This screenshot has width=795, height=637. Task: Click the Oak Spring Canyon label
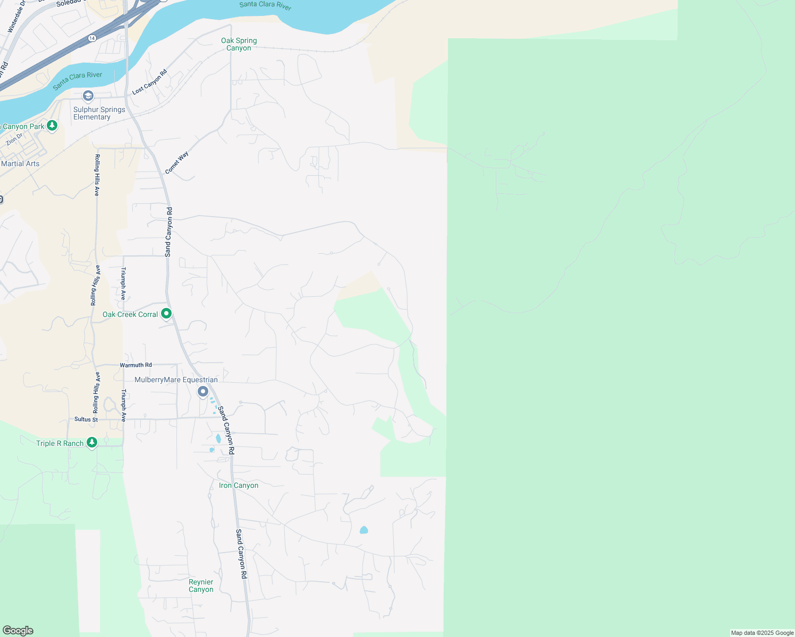[239, 44]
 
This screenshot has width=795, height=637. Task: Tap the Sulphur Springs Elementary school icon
[88, 96]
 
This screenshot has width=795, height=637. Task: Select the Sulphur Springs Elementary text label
[99, 113]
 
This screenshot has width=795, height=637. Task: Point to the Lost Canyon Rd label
[149, 82]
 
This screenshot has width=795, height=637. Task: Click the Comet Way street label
[176, 163]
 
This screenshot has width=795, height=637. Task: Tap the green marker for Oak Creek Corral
[166, 314]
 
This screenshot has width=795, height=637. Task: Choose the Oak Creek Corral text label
[130, 315]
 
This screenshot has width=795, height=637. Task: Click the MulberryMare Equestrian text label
[176, 380]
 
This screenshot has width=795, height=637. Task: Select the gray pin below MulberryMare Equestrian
[203, 392]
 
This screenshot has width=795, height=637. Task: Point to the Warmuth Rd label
[136, 365]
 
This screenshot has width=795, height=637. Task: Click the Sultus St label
[86, 419]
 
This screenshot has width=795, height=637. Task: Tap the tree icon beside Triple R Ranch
[92, 442]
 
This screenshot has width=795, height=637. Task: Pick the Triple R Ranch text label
[60, 443]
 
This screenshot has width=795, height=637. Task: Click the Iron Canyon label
[239, 485]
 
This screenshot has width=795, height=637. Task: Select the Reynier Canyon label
[201, 586]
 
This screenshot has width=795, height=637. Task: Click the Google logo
[18, 631]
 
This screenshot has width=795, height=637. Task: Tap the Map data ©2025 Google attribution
[762, 633]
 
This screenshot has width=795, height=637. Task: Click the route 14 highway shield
[92, 38]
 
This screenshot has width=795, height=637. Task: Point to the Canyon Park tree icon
[52, 125]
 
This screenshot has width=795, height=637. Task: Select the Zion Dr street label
[14, 139]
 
